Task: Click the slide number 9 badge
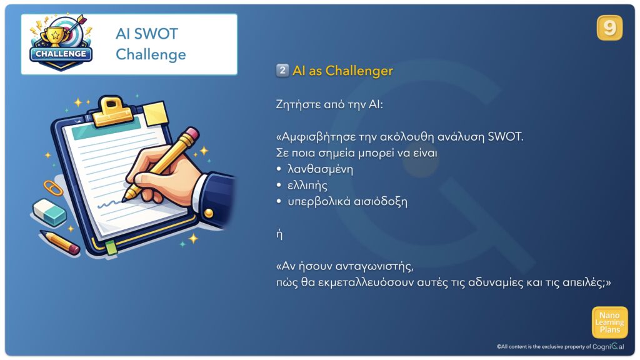[x=609, y=27]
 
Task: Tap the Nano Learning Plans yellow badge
[x=609, y=322]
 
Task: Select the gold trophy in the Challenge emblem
[x=55, y=35]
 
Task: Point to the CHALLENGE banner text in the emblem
[x=61, y=54]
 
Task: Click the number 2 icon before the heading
[x=282, y=70]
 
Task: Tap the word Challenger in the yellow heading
[x=359, y=71]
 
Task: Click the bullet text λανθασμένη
[x=320, y=169]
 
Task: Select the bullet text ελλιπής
[x=307, y=186]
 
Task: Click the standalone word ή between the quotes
[x=279, y=234]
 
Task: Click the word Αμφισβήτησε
[x=316, y=136]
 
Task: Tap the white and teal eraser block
[x=49, y=212]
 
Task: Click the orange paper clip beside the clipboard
[x=53, y=187]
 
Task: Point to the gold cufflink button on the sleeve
[x=208, y=212]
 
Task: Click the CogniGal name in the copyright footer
[x=608, y=346]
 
